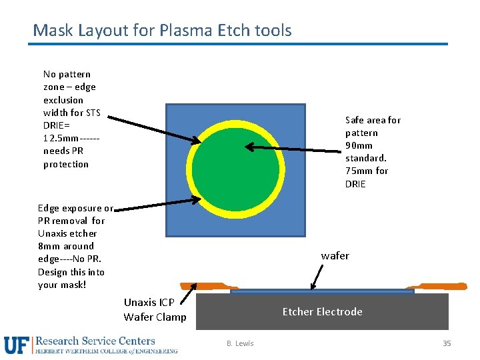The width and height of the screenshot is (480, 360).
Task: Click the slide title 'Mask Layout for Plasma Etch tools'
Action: [x=162, y=30]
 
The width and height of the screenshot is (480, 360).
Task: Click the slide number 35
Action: [x=447, y=343]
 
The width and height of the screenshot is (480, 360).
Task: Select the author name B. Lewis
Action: [x=239, y=343]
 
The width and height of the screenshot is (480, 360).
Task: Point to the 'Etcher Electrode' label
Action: [x=322, y=311]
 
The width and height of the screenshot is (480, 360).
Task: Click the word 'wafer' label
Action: [x=335, y=256]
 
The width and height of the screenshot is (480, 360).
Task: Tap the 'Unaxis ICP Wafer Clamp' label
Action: [x=155, y=309]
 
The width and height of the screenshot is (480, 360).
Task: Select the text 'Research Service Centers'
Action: [x=95, y=341]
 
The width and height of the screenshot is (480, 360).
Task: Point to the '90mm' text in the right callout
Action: [x=359, y=145]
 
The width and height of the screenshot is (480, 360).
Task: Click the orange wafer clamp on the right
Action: [x=440, y=286]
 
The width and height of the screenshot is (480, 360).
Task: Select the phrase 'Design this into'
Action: [x=71, y=272]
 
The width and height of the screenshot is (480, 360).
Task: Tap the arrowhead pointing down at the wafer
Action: [x=311, y=287]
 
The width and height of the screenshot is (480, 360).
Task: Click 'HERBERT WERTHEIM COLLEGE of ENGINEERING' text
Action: [x=107, y=351]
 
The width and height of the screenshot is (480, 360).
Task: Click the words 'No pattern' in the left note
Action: [x=67, y=74]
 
